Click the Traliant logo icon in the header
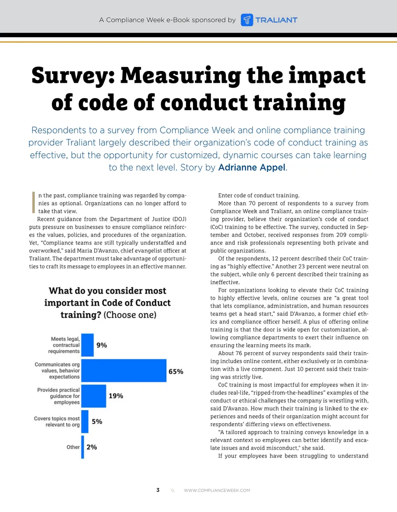[247, 20]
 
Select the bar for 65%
[124, 371]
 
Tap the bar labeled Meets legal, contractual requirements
[87, 345]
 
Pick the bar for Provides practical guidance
[94, 396]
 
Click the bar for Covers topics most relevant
[85, 422]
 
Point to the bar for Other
[82, 447]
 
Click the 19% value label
[116, 396]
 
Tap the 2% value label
[92, 447]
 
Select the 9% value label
[102, 345]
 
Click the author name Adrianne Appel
[252, 168]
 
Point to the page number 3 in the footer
[158, 490]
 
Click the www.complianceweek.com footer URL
[217, 491]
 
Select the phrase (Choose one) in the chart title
[130, 315]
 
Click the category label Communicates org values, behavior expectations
[58, 371]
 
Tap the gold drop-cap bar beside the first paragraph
[33, 202]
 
